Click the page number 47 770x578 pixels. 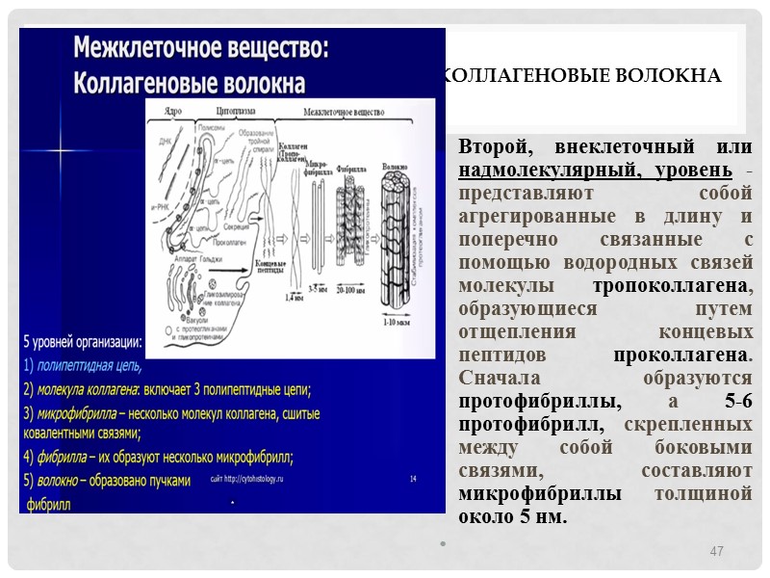pos(715,551)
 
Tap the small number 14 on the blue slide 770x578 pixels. pos(413,478)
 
